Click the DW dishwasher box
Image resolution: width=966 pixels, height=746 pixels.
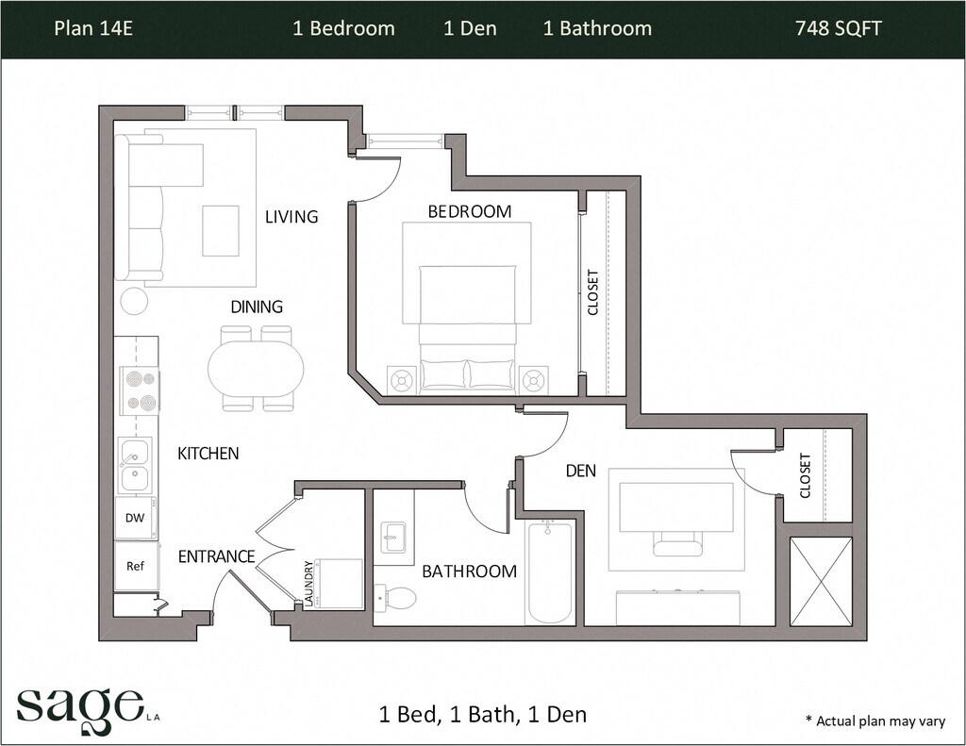[x=136, y=518]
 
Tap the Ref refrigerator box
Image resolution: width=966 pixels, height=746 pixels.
[x=136, y=566]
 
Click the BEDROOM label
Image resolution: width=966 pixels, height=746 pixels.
[x=470, y=211]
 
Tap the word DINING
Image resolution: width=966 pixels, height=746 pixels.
[x=257, y=307]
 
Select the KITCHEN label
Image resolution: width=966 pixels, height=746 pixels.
[x=208, y=454]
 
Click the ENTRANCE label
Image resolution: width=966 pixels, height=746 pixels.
[x=216, y=556]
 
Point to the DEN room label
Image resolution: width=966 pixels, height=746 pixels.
[x=581, y=472]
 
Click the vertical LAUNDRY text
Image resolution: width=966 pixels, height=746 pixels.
[x=308, y=584]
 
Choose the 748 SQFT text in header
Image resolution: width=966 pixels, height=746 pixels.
[x=839, y=28]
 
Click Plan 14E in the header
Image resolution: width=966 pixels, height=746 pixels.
[x=93, y=28]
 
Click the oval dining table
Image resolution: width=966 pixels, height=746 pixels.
[x=256, y=369]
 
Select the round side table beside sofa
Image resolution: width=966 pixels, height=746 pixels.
[x=134, y=301]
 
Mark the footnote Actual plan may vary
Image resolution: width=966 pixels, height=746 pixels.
[x=874, y=721]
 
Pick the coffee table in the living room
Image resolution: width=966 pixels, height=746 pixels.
[x=221, y=231]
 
